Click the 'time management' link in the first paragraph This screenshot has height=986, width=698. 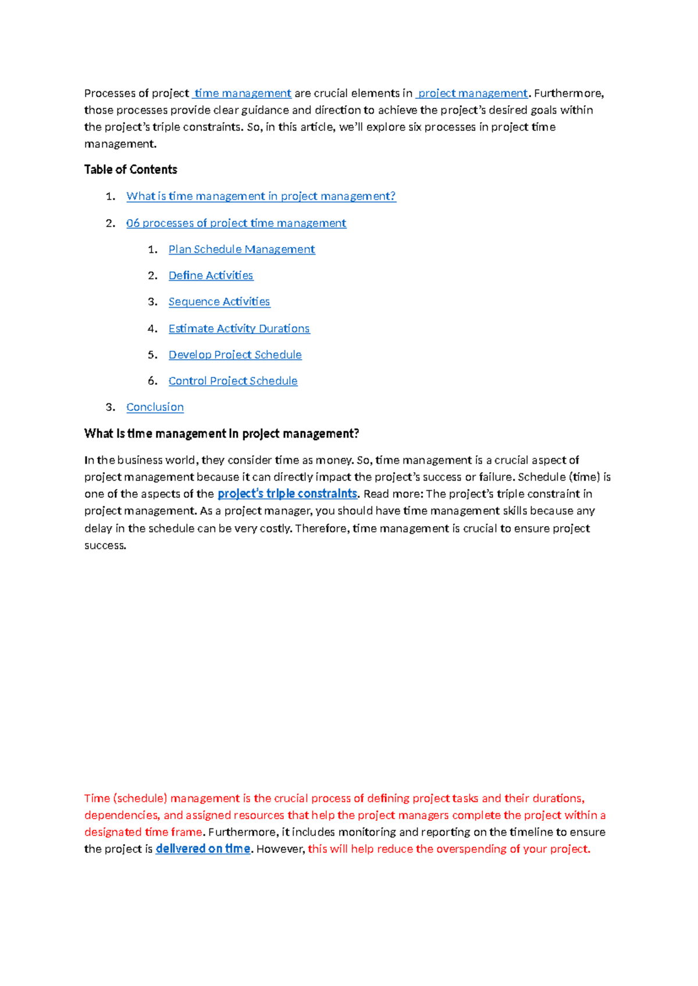click(x=243, y=93)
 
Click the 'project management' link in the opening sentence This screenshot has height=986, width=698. click(x=472, y=93)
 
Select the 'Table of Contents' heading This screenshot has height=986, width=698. click(x=130, y=170)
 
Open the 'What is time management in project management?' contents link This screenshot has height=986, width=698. click(x=261, y=197)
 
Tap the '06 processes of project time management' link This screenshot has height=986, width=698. click(x=236, y=223)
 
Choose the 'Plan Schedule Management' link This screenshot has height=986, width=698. click(x=241, y=249)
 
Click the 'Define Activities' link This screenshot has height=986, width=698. click(x=211, y=276)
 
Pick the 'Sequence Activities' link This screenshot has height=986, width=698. click(x=219, y=302)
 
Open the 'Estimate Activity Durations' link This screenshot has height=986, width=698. click(x=239, y=328)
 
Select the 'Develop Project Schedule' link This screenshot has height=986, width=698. click(x=235, y=355)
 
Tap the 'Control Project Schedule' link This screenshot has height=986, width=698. click(x=233, y=381)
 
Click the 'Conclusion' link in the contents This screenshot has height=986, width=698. click(x=155, y=407)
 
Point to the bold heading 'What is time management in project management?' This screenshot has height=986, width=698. click(x=222, y=434)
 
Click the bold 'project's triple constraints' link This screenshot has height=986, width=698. click(x=287, y=494)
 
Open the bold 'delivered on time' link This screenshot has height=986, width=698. click(x=203, y=849)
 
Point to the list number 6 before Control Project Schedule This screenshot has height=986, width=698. click(x=152, y=381)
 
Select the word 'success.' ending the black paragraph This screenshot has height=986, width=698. click(x=105, y=545)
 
